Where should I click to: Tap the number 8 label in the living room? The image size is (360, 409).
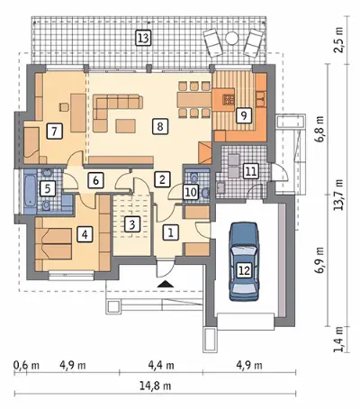point(160,126)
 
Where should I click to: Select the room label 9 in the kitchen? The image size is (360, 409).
point(244,115)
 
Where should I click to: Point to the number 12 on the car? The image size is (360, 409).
point(245,270)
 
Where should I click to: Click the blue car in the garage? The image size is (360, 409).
point(244,261)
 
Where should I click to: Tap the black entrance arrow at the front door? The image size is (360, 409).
point(165,284)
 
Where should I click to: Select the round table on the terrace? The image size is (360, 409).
point(231,38)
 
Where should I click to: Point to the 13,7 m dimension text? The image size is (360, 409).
point(339,195)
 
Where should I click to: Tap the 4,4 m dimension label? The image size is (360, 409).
point(161,366)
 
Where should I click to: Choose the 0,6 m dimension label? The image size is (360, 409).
point(26,366)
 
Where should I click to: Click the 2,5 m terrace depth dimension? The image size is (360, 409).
point(339,40)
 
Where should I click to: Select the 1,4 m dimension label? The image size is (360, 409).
point(339,340)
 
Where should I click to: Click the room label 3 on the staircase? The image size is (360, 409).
point(132,224)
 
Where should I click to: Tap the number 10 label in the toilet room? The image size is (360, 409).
point(191,192)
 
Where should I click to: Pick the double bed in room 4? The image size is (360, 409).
point(53,243)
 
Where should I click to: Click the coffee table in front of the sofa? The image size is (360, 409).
point(126,126)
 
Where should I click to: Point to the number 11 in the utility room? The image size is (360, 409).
point(251,171)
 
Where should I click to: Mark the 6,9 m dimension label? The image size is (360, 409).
point(320,260)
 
